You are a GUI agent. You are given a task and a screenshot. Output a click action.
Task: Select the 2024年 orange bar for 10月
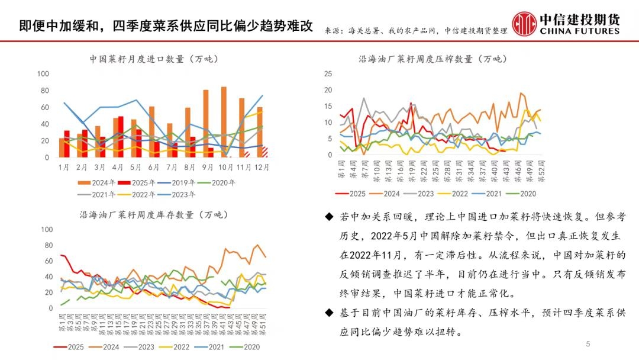pyautogui.click(x=224, y=122)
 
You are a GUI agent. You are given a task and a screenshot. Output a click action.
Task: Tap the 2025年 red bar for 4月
pyautogui.click(x=121, y=137)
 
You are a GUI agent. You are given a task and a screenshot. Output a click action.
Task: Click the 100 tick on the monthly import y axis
pyautogui.click(x=43, y=74)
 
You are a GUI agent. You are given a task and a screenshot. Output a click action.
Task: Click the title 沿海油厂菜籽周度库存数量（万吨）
pyautogui.click(x=154, y=214)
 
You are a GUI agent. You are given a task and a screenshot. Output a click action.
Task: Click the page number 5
pyautogui.click(x=588, y=344)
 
